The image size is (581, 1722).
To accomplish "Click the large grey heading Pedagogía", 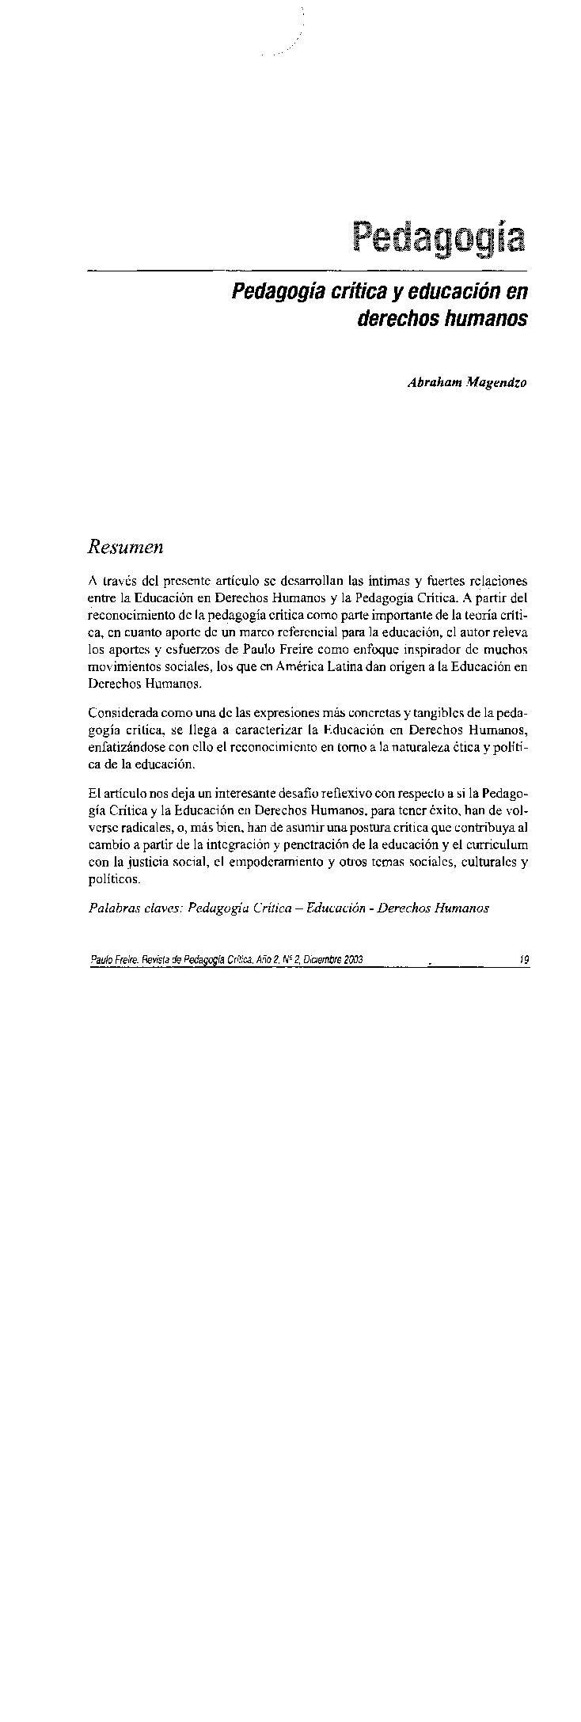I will click(x=440, y=238).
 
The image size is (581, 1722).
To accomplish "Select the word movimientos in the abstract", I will click(x=116, y=667).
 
